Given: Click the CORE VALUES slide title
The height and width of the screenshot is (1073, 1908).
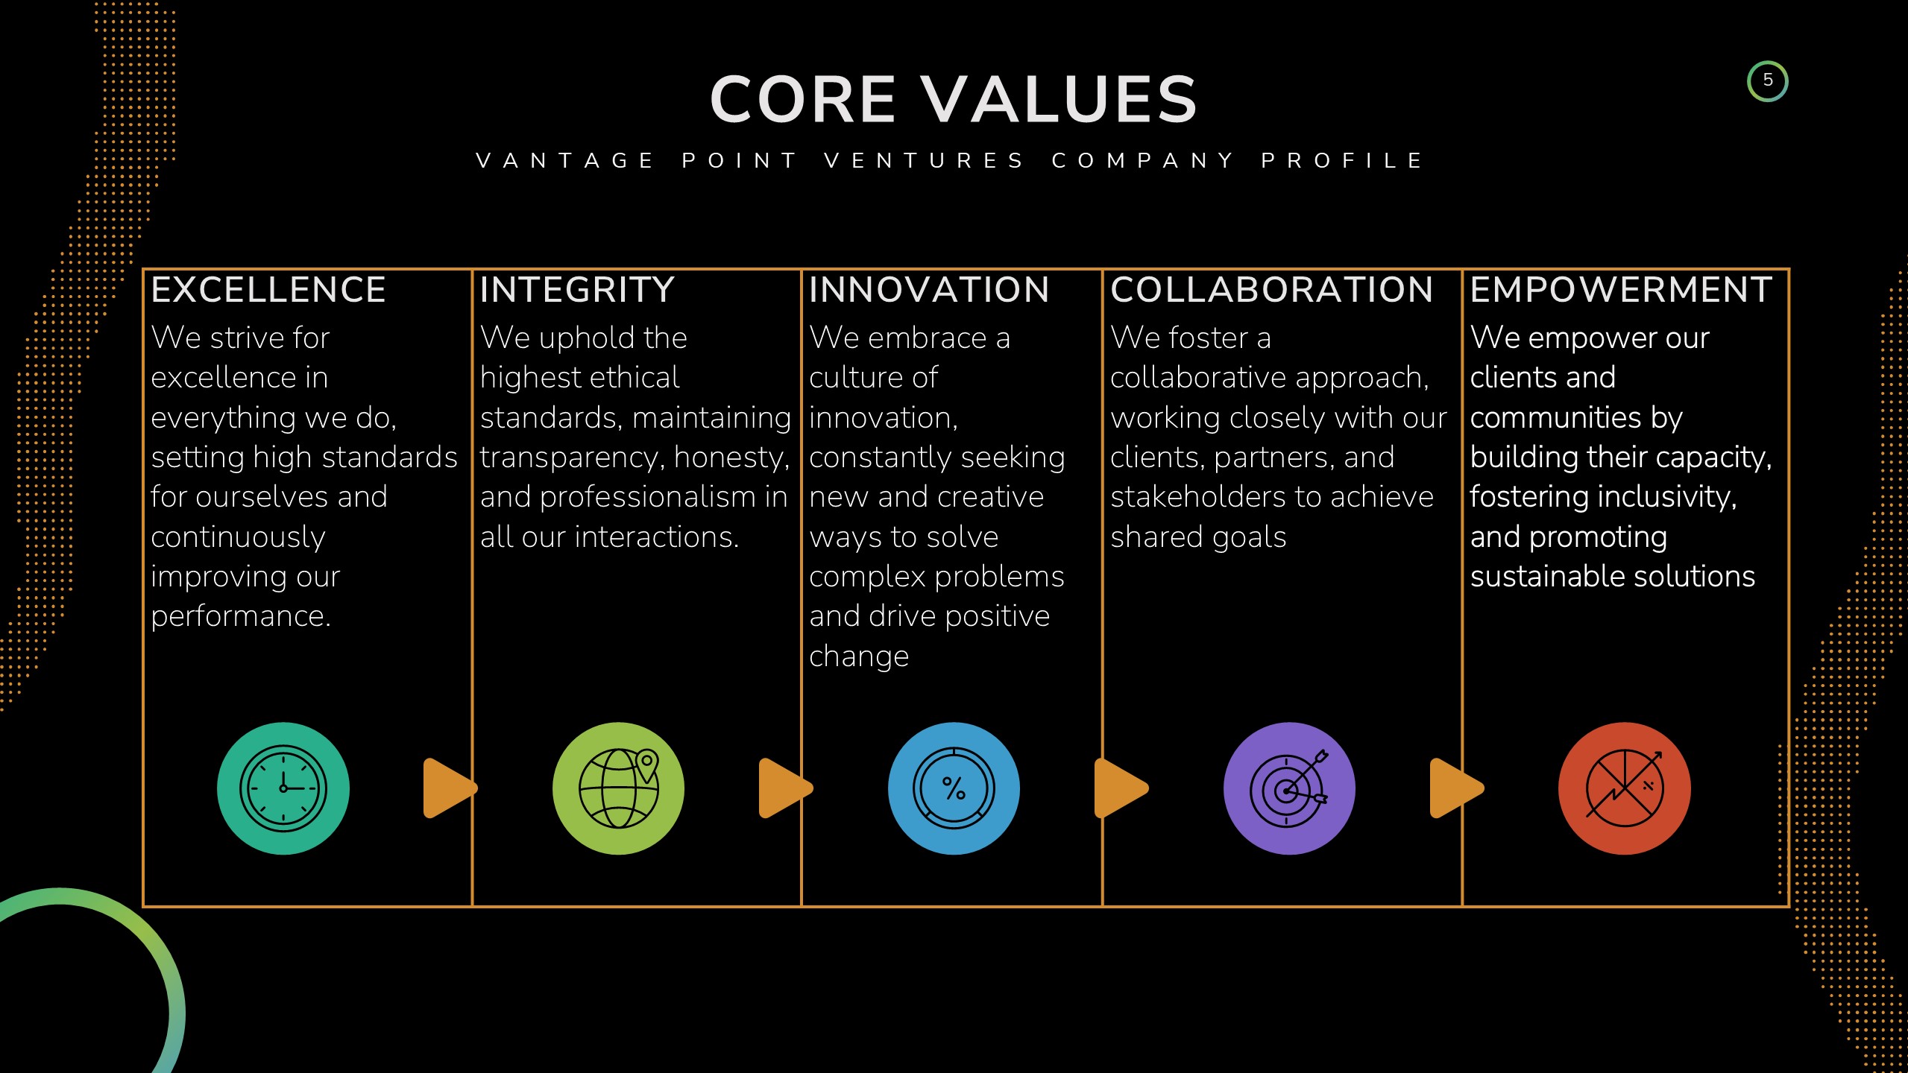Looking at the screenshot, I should pyautogui.click(x=953, y=100).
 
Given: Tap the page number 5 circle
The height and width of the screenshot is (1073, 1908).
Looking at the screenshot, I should pyautogui.click(x=1767, y=81).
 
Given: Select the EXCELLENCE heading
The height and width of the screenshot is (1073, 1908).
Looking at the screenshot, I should pyautogui.click(x=268, y=290).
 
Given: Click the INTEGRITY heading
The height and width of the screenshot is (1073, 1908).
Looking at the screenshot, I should pyautogui.click(x=577, y=290).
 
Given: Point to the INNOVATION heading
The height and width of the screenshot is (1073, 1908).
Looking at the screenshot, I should pyautogui.click(x=929, y=290).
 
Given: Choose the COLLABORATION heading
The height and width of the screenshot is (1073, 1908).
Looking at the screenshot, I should pyautogui.click(x=1271, y=290).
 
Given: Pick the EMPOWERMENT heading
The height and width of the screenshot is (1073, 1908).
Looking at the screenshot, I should pyautogui.click(x=1621, y=290).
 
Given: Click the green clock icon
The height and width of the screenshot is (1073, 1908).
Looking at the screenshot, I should pyautogui.click(x=283, y=788).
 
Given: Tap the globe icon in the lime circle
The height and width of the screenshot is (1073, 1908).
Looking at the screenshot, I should pyautogui.click(x=618, y=788).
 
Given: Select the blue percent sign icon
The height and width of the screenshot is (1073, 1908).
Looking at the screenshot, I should pyautogui.click(x=954, y=788).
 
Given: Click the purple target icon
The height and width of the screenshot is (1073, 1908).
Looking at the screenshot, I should pyautogui.click(x=1289, y=788).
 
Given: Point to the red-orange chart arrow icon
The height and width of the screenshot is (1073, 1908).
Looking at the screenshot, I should pyautogui.click(x=1624, y=788).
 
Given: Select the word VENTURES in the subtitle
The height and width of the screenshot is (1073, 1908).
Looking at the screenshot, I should pyautogui.click(x=925, y=161).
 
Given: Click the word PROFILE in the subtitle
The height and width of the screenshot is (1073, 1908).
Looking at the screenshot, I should pyautogui.click(x=1342, y=161).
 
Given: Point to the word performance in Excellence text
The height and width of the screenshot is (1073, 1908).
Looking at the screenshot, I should pyautogui.click(x=240, y=617).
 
